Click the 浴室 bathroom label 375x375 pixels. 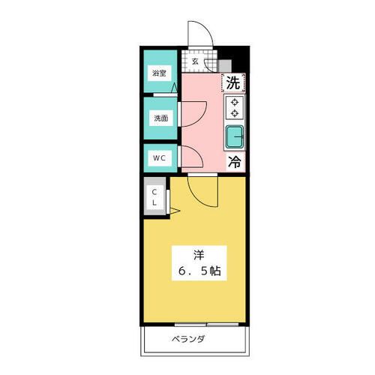tap(158, 73)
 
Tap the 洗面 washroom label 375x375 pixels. tap(160, 118)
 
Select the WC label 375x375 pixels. tap(160, 158)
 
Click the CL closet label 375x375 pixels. tap(155, 196)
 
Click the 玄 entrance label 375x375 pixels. tap(195, 61)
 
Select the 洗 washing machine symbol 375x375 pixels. tap(234, 83)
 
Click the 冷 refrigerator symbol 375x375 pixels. tap(234, 160)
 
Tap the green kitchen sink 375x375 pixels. tap(235, 136)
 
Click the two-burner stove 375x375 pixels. tap(235, 108)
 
